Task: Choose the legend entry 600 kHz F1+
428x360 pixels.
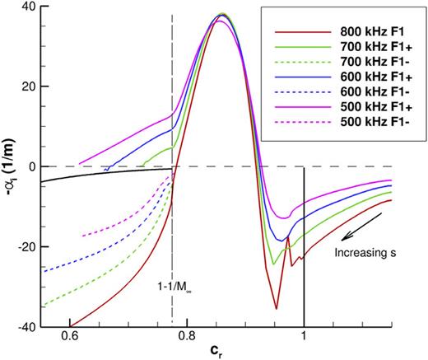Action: tap(370, 77)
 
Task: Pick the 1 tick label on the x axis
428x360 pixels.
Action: tap(305, 337)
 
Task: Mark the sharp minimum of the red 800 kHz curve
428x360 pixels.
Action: tap(277, 308)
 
